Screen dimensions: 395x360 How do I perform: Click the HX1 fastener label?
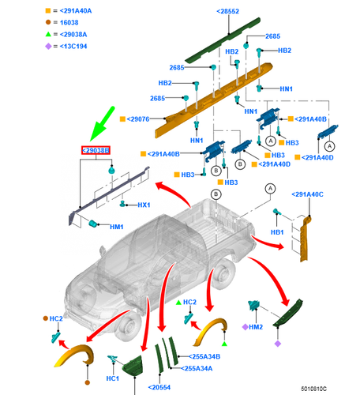pyautogui.click(x=144, y=205)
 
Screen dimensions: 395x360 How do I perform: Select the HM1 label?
pyautogui.click(x=117, y=227)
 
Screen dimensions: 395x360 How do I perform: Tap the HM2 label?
pyautogui.click(x=254, y=326)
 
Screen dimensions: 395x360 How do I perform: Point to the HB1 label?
pyautogui.click(x=277, y=232)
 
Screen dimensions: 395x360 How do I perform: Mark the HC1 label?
pyautogui.click(x=112, y=378)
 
